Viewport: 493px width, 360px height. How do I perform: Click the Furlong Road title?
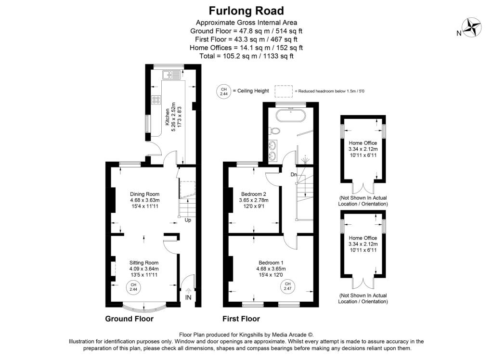246,11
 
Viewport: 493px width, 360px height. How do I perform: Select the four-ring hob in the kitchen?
156,100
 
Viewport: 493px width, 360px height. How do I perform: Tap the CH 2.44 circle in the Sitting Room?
133,287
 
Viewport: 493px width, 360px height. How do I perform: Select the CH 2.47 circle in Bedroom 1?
287,287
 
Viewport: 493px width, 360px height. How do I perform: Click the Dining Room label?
144,194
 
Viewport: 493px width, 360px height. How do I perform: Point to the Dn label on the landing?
293,174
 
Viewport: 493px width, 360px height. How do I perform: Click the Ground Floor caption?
130,319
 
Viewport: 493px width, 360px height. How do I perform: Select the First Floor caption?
241,319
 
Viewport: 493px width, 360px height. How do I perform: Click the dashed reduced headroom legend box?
284,91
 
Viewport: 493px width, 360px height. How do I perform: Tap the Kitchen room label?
168,116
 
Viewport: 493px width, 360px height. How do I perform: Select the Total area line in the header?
246,56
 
